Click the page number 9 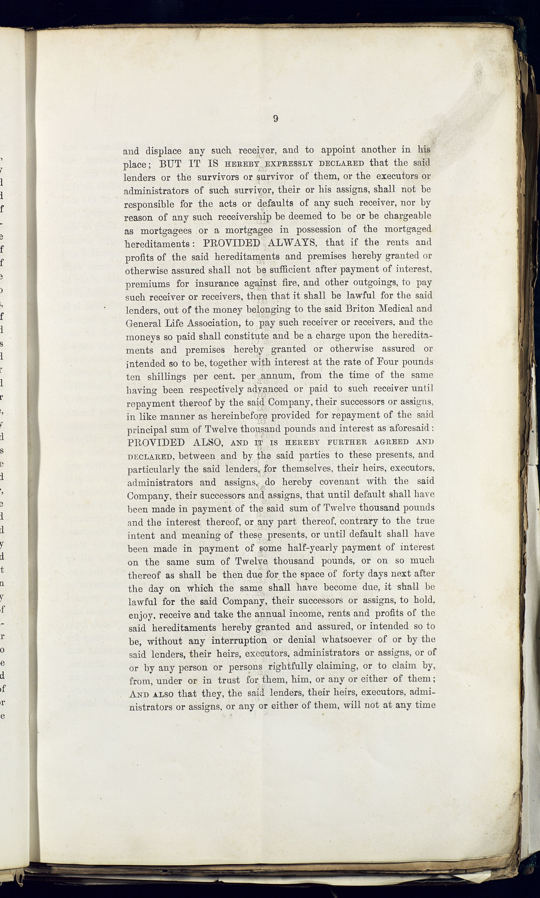[x=275, y=119]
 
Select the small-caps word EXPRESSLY [x=289, y=163]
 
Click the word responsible [x=149, y=204]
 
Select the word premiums [x=147, y=284]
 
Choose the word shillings [x=166, y=377]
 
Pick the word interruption [x=239, y=640]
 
